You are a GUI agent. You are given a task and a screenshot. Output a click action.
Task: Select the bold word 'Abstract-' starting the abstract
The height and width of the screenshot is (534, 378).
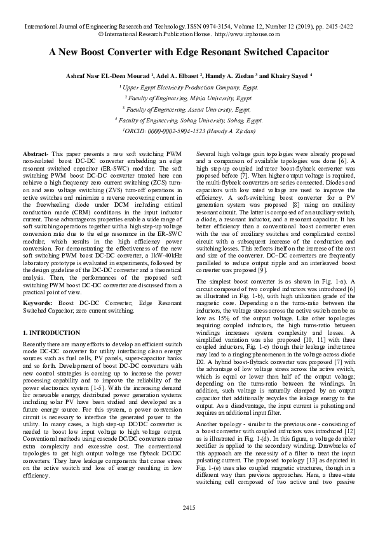[35, 154]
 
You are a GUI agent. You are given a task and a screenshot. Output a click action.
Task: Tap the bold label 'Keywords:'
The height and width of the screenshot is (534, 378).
[37, 304]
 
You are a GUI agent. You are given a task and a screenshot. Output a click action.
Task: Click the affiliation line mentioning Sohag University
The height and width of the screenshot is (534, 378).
[189, 119]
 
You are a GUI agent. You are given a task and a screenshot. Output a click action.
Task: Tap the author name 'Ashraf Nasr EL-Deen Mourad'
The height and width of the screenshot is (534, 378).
[101, 75]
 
